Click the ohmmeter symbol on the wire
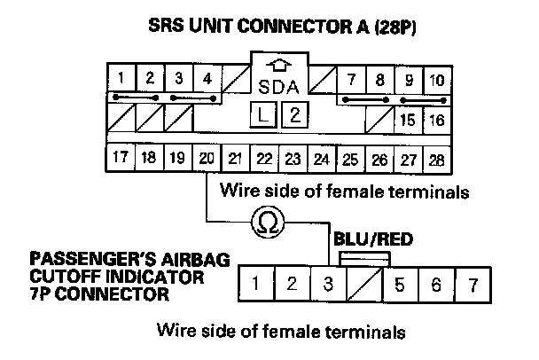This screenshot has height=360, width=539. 263,223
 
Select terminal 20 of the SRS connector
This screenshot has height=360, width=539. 206,159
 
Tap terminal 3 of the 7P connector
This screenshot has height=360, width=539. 328,285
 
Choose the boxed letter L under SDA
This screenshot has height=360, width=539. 262,113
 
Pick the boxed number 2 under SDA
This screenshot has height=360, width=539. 295,113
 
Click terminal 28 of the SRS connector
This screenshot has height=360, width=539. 436,159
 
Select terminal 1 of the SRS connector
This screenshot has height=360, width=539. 120,78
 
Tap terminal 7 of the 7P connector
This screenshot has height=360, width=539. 473,285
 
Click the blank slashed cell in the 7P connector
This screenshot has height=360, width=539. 364,285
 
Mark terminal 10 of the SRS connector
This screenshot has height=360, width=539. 436,80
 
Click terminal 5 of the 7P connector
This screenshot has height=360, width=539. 401,285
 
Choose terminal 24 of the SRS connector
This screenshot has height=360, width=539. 322,159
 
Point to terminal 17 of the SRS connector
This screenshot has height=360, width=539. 120,159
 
